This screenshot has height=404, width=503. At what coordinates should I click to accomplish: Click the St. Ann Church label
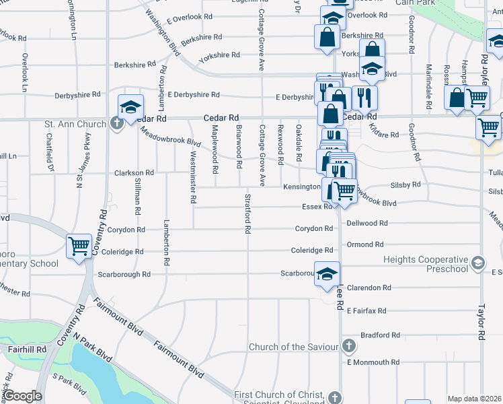click(75, 124)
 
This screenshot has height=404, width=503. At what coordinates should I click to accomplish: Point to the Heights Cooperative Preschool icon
click(477, 261)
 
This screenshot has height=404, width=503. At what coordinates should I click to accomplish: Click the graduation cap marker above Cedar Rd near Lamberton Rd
click(130, 106)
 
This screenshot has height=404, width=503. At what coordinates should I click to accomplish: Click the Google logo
click(22, 396)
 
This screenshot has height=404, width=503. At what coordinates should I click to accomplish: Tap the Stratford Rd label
click(248, 213)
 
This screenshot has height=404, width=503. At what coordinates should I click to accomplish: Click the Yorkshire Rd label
click(221, 55)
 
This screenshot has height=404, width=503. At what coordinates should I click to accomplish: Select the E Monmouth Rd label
click(373, 362)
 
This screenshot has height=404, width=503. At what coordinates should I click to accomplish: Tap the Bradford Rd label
click(380, 335)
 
